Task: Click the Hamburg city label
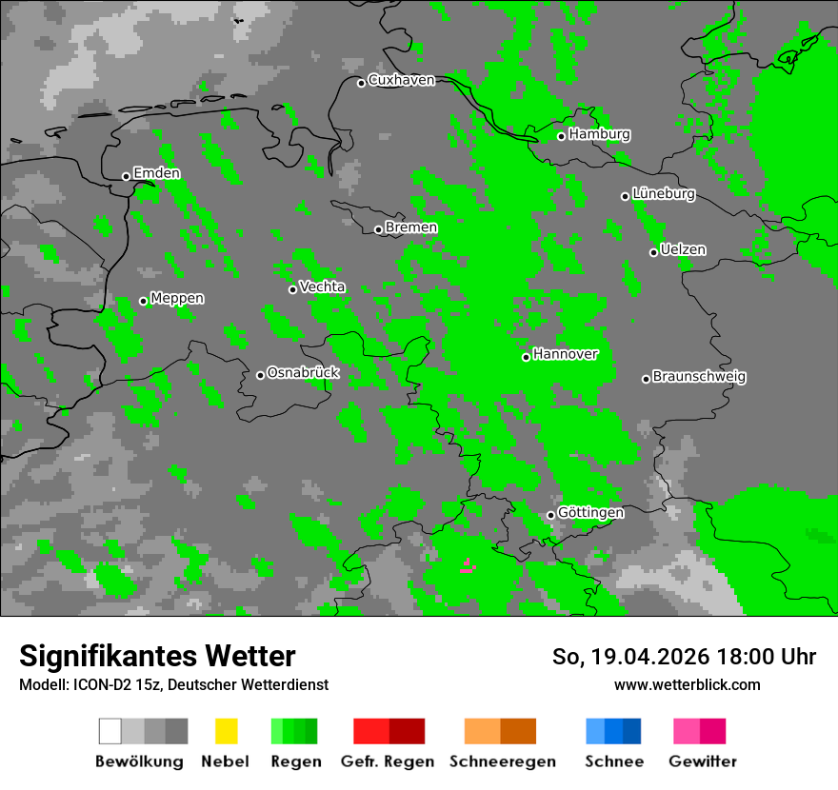tap(599, 134)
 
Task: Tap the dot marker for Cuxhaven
tap(361, 83)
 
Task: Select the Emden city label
tap(156, 173)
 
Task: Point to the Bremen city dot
tap(378, 229)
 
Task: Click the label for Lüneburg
tap(663, 193)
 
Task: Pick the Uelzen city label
tap(683, 249)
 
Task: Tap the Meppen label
tap(177, 298)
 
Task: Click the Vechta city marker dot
tap(292, 289)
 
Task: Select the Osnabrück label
tap(303, 372)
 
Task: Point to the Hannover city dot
tap(526, 358)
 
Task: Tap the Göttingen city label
tap(590, 512)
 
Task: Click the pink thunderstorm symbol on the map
tap(467, 565)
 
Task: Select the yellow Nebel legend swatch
tap(226, 731)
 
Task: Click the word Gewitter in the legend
tap(702, 761)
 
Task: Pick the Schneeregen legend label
tap(503, 761)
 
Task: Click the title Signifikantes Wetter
tap(157, 656)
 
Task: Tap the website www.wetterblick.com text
tap(687, 684)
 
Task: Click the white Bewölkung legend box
tap(110, 731)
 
